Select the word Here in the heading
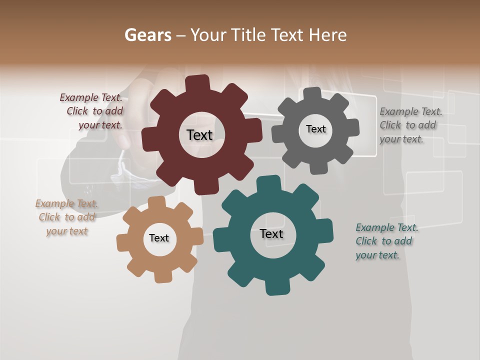[x=327, y=35]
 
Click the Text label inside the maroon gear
[x=199, y=135]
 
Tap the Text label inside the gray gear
[x=315, y=129]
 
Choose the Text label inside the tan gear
[x=159, y=238]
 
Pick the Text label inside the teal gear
[x=271, y=233]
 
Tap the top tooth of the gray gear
[x=312, y=94]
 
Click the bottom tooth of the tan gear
[x=162, y=276]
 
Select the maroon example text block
[x=92, y=111]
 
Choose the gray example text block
[x=410, y=125]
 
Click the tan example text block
[x=66, y=217]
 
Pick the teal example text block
[x=386, y=241]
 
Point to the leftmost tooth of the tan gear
[x=123, y=243]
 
